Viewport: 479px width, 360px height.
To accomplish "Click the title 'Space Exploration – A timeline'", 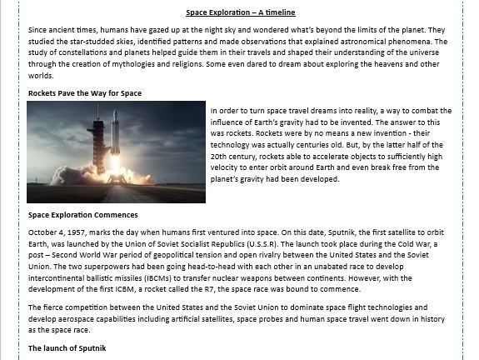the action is (240, 12).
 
